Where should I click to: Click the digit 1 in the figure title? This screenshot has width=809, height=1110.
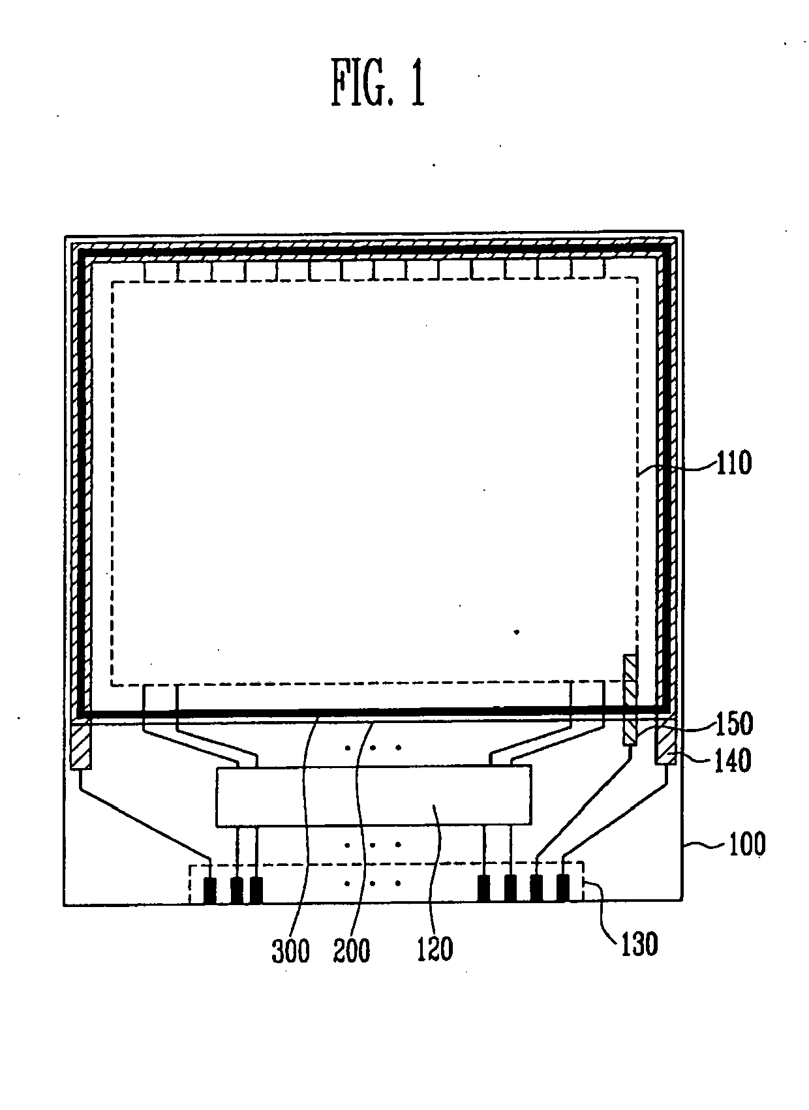(x=417, y=82)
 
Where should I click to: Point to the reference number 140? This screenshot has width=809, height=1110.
(x=733, y=760)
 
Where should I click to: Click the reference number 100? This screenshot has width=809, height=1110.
(x=747, y=844)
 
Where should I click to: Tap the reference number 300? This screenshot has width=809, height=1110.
(x=291, y=950)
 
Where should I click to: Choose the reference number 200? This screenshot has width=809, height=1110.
(x=352, y=950)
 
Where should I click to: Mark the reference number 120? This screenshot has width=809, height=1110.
(x=435, y=949)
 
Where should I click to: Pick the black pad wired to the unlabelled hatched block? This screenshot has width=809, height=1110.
(x=210, y=890)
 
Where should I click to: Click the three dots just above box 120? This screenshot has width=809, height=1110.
(x=373, y=748)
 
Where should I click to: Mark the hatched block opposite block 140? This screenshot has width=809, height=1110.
(x=82, y=747)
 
